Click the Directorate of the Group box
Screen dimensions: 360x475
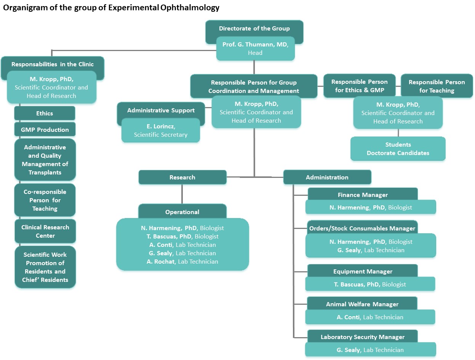(x=254, y=29)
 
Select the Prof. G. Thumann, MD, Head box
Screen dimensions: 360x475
(x=255, y=49)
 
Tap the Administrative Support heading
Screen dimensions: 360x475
(x=161, y=110)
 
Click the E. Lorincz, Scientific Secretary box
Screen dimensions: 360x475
(x=161, y=130)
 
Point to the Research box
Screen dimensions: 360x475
(x=182, y=178)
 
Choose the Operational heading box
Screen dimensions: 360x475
(x=182, y=212)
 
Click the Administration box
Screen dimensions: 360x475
(x=327, y=178)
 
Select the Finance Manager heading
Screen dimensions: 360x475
(x=362, y=195)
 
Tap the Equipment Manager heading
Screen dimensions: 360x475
(x=362, y=271)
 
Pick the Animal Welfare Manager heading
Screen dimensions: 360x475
(x=362, y=304)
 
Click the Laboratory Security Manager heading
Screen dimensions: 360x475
(x=362, y=337)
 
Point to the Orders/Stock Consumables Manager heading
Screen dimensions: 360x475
(x=362, y=228)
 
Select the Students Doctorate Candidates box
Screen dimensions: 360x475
(x=398, y=149)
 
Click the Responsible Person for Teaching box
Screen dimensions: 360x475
(x=437, y=86)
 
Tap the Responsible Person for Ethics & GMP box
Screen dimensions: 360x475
(x=359, y=86)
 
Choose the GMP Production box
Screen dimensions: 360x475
(x=45, y=130)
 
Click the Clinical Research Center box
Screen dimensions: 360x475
(x=45, y=231)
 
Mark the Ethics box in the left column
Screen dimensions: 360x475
(x=45, y=113)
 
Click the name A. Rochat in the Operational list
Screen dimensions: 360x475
(x=162, y=261)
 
